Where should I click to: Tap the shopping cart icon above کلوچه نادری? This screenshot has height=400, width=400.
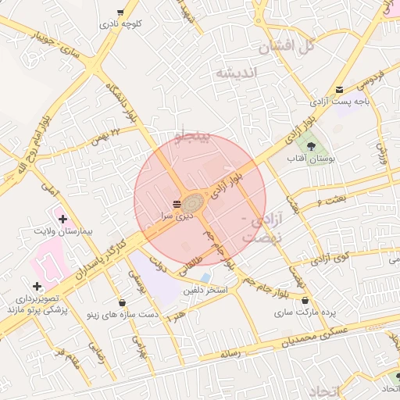pos(120,12)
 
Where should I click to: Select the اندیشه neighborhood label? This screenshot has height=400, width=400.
pos(235,73)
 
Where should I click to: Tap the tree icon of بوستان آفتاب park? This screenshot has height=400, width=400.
pos(311,145)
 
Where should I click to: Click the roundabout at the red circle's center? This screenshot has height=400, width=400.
pos(194,202)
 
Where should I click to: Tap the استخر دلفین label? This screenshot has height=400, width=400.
pos(205,290)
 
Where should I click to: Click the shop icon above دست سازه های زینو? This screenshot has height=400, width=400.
pos(122,302)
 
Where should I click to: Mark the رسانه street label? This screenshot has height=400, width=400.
pos(231,353)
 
